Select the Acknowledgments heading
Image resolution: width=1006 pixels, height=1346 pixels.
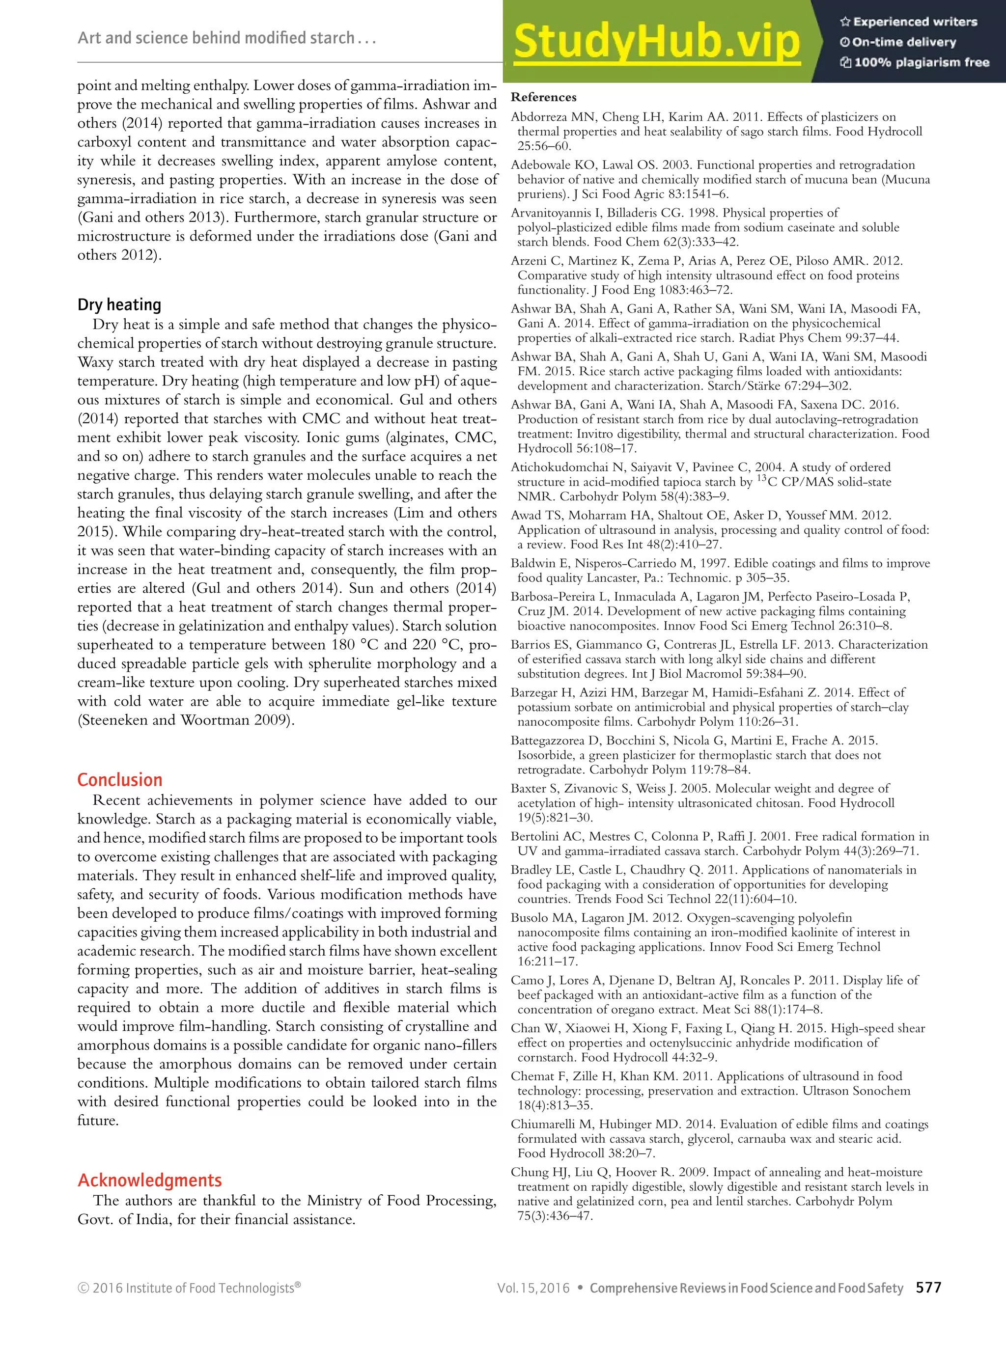pyautogui.click(x=150, y=1180)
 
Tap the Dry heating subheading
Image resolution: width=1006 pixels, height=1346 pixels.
pyautogui.click(x=119, y=304)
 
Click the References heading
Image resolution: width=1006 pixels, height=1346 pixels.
pyautogui.click(x=543, y=97)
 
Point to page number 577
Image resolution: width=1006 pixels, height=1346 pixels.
pyautogui.click(x=929, y=1288)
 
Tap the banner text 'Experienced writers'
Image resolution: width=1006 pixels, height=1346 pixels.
pyautogui.click(x=915, y=22)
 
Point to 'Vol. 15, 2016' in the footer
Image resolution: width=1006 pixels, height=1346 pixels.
pyautogui.click(x=533, y=1288)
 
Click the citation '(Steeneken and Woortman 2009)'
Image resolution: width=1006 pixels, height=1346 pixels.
pyautogui.click(x=186, y=720)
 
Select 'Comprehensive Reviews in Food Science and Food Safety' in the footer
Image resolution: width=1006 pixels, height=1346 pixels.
pyautogui.click(x=746, y=1288)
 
